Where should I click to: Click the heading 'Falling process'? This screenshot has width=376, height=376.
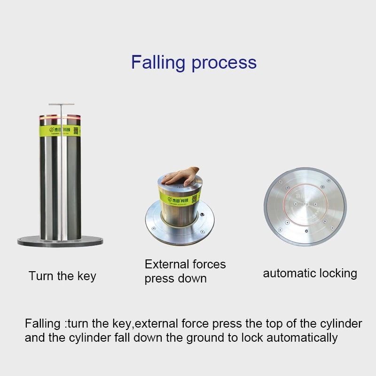194,62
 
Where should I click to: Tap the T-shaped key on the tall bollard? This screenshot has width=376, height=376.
61,105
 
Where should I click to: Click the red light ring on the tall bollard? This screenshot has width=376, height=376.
60,116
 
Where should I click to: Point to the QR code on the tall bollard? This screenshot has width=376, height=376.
75,130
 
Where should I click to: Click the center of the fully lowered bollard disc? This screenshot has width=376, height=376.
305,206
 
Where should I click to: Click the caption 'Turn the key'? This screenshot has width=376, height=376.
62,276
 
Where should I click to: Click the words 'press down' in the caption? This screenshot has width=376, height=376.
175,279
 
